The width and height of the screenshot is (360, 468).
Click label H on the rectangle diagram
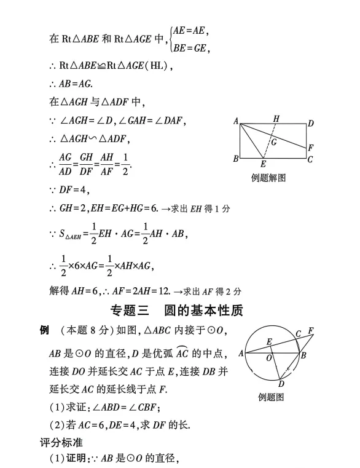click(276, 118)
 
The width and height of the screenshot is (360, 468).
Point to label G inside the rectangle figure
click(273, 142)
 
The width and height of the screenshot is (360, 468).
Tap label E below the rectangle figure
click(263, 164)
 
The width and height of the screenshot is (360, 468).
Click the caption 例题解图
click(268, 178)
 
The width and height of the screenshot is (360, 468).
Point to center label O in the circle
click(268, 357)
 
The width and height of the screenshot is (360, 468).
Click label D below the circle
click(281, 384)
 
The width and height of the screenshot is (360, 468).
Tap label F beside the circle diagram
click(311, 331)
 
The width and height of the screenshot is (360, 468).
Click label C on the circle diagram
click(298, 334)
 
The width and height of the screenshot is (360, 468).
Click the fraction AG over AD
click(65, 163)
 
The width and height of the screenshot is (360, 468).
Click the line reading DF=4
click(74, 189)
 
